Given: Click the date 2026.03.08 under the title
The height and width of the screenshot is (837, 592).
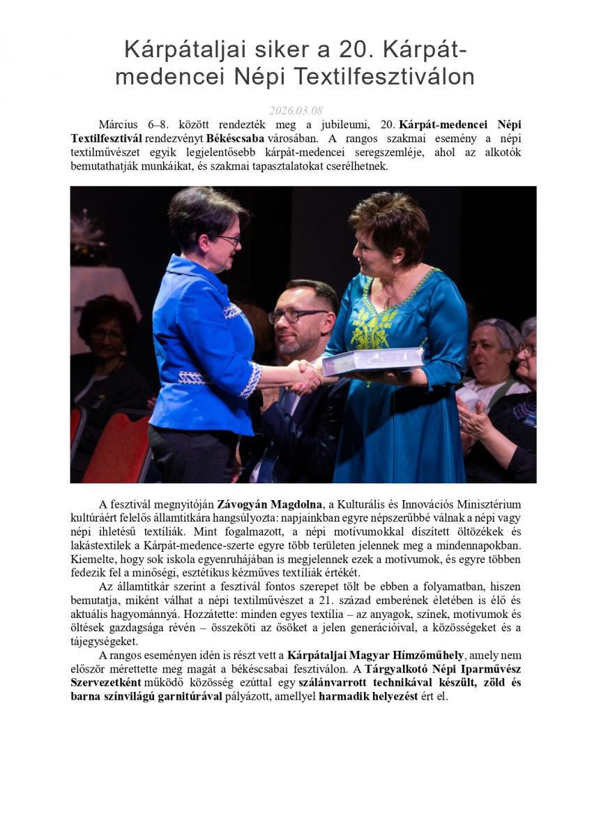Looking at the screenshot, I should pos(296,111).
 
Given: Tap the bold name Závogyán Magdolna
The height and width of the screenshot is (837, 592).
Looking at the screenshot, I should pos(270,504).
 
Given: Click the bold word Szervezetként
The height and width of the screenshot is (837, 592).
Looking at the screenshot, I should pos(106,682).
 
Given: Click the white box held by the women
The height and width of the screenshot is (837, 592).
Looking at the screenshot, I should pos(372,360).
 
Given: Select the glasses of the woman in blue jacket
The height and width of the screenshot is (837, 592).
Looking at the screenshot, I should pos(227,239).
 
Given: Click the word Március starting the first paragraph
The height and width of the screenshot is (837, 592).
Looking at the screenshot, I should pos(119,125).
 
